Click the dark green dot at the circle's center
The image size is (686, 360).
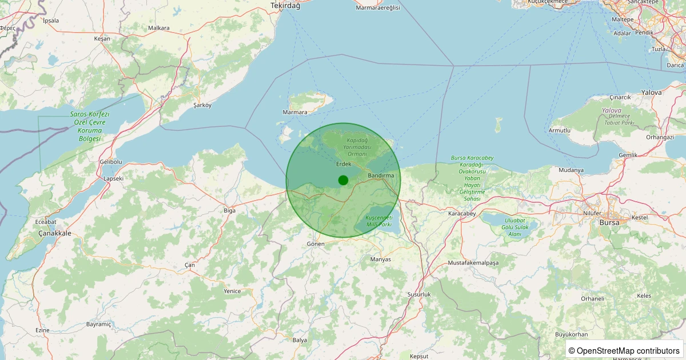click(x=343, y=180)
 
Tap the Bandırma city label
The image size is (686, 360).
click(x=381, y=175)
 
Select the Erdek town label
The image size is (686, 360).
click(x=343, y=164)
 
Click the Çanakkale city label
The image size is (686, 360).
click(x=55, y=233)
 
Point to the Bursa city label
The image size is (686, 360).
click(x=609, y=222)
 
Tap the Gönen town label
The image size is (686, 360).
click(x=316, y=244)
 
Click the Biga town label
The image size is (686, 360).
click(x=229, y=211)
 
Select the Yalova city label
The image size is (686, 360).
click(x=652, y=92)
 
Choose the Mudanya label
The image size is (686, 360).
click(x=571, y=170)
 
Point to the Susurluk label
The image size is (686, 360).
click(x=418, y=294)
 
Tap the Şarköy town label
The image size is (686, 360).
click(x=202, y=105)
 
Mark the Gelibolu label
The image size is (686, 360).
click(x=111, y=162)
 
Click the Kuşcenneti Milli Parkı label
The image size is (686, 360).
click(x=378, y=222)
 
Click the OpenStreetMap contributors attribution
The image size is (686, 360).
click(x=624, y=350)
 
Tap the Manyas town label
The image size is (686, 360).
click(x=381, y=259)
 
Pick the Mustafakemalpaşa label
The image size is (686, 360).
click(x=473, y=263)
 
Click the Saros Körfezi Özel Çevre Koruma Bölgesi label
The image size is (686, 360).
click(x=89, y=126)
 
